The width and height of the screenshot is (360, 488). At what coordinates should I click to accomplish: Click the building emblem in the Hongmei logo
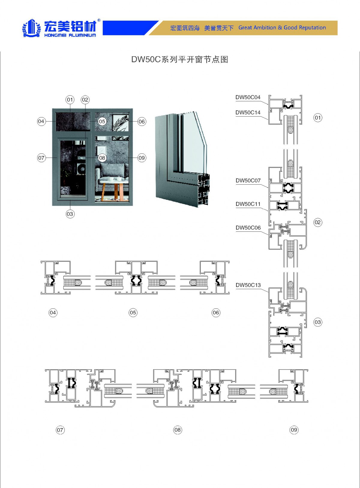tap(31, 28)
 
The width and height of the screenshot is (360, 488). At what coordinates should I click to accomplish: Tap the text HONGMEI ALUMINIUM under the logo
tap(70, 35)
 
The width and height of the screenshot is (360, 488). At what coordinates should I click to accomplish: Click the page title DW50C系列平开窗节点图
tap(180, 59)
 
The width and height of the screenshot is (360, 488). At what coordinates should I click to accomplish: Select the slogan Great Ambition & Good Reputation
tap(282, 28)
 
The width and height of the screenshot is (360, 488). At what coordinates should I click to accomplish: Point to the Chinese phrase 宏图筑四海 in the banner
tap(185, 28)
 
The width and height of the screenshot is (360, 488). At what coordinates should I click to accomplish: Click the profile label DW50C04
tap(248, 97)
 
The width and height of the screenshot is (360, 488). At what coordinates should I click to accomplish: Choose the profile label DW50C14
tap(248, 113)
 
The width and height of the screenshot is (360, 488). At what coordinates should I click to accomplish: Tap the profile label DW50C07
tap(248, 180)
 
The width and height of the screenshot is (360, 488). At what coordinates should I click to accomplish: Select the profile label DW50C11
tap(248, 204)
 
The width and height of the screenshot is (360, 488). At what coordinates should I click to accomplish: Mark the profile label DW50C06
tap(248, 228)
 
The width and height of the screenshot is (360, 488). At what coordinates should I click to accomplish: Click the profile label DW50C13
tap(248, 285)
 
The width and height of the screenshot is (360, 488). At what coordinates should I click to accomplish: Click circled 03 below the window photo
tap(70, 214)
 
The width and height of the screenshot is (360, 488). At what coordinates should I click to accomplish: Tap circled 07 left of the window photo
tap(41, 158)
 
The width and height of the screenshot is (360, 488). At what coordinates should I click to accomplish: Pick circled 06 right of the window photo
tap(142, 122)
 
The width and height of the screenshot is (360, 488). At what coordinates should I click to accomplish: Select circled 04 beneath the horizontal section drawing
tap(53, 313)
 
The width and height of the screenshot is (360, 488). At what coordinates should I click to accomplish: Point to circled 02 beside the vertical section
tap(318, 222)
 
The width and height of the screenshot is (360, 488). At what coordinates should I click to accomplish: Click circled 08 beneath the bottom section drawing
tap(178, 430)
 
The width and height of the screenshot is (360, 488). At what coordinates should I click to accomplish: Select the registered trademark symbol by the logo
tap(99, 21)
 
